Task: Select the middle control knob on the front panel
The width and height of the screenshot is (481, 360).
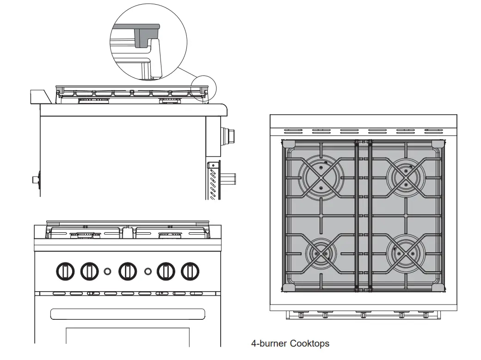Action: (128, 271)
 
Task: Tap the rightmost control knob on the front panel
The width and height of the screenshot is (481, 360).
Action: (190, 271)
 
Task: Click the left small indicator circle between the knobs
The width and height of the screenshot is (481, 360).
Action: (107, 271)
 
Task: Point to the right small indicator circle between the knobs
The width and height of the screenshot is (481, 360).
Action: (148, 271)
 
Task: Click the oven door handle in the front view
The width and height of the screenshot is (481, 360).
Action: (127, 314)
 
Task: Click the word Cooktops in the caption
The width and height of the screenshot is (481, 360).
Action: (310, 343)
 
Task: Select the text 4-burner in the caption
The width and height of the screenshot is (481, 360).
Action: (269, 343)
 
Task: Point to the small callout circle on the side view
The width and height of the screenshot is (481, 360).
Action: (204, 88)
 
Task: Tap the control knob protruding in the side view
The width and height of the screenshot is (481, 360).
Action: (228, 135)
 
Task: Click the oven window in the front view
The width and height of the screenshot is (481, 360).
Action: (127, 336)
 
